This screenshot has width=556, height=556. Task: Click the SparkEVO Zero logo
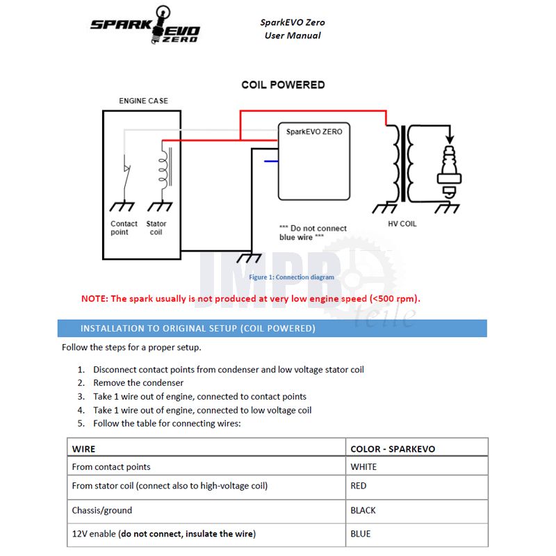tap(145, 26)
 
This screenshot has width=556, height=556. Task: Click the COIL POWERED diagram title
tap(283, 85)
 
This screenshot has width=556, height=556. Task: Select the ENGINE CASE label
tap(143, 101)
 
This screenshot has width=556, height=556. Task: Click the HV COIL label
tap(402, 224)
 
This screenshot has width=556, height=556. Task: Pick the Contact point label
tap(124, 227)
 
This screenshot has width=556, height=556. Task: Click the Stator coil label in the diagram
tap(156, 227)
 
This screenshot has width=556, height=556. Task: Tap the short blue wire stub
tap(271, 161)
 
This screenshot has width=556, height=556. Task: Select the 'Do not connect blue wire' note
tap(313, 232)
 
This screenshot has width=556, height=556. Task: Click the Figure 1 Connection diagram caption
tap(291, 277)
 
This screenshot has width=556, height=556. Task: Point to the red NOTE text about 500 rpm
tap(251, 299)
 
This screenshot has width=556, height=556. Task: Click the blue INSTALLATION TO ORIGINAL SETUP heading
tap(198, 328)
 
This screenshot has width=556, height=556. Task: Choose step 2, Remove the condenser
tap(138, 383)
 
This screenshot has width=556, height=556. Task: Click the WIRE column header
tap(84, 449)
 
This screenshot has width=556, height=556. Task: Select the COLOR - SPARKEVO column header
tap(393, 449)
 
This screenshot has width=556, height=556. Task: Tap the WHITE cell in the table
tap(363, 467)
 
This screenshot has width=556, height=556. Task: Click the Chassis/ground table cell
tap(102, 510)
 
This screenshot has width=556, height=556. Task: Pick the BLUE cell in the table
tap(361, 534)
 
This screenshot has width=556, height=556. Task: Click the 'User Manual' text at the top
tap(293, 35)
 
